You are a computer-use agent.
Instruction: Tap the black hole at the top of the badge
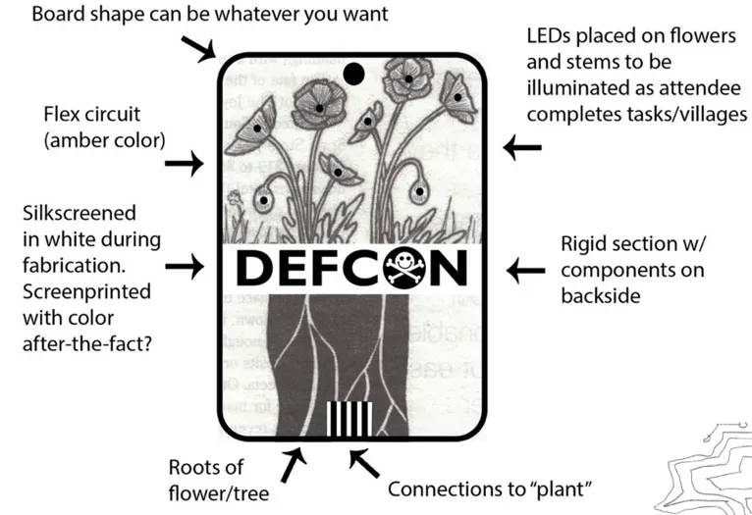click(x=353, y=72)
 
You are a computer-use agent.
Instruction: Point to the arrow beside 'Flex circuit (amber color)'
click(x=184, y=164)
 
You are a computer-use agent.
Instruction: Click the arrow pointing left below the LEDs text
click(x=521, y=147)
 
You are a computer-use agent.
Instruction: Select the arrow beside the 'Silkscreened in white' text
click(x=184, y=264)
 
